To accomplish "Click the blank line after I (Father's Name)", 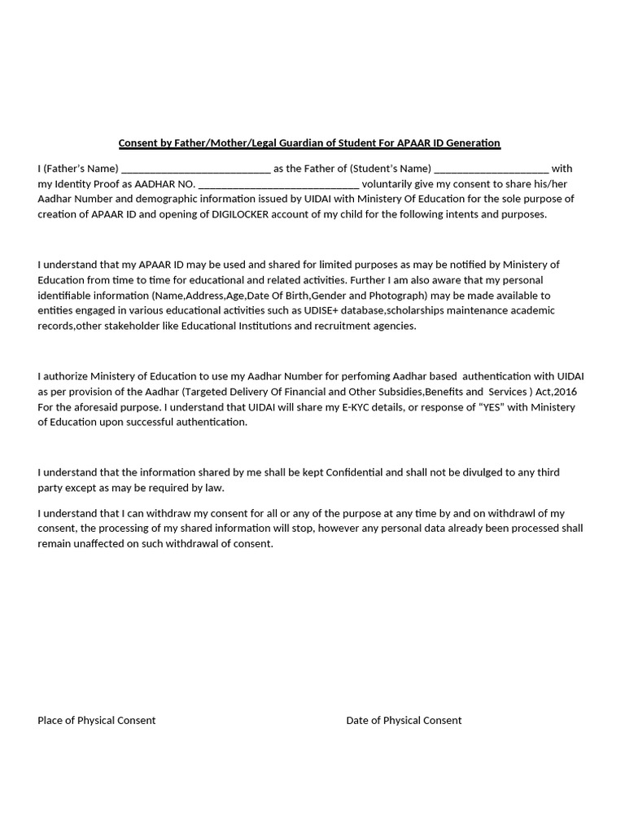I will [195, 169].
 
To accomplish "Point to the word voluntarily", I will [389, 184].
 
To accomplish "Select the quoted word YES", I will [479, 407].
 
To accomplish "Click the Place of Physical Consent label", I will [96, 720].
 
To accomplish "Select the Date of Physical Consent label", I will [404, 720].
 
